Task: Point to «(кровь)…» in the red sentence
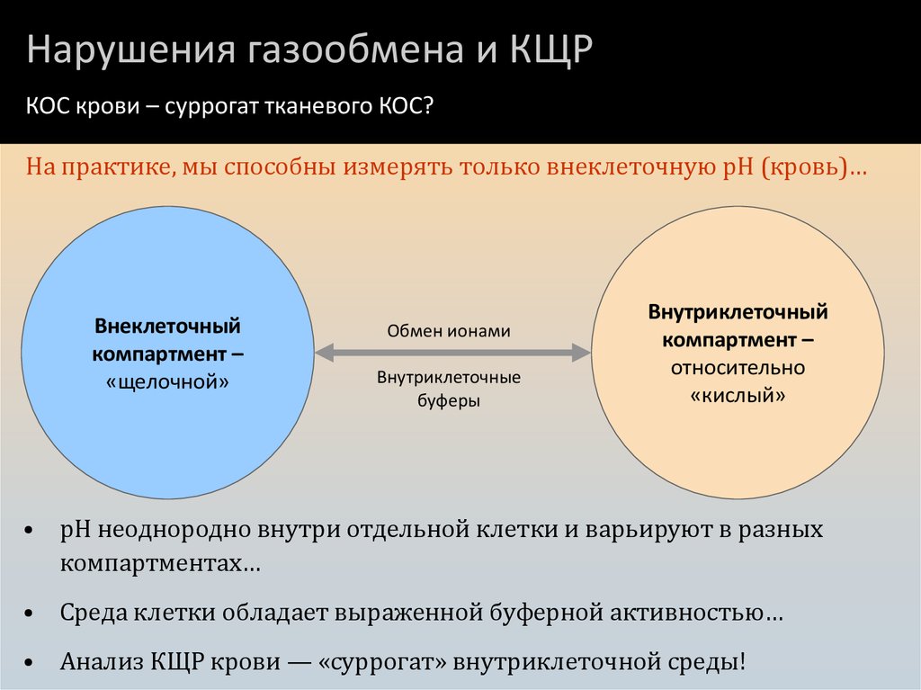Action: pos(813,168)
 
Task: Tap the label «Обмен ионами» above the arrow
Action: pos(449,331)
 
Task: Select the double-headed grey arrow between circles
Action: pos(452,353)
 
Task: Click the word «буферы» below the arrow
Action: pos(449,401)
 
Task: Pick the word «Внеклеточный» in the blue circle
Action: pos(167,325)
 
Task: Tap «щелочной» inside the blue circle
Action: pos(167,381)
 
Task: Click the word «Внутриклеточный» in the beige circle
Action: pos(738,312)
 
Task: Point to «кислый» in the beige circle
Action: pos(738,395)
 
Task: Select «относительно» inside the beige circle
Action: pos(738,368)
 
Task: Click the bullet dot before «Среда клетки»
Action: pos(31,616)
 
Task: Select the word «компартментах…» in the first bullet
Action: pos(161,564)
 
